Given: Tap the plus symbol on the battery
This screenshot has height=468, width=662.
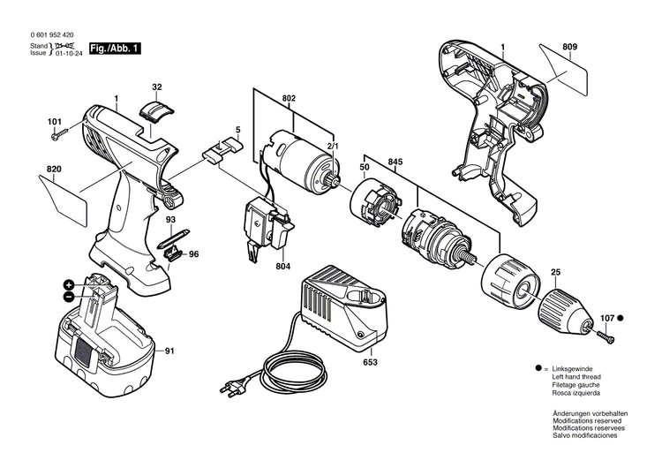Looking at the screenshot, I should tap(69, 284).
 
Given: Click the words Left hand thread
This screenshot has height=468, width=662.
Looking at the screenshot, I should tap(578, 376).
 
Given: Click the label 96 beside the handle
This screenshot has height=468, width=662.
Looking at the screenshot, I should tap(193, 254).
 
